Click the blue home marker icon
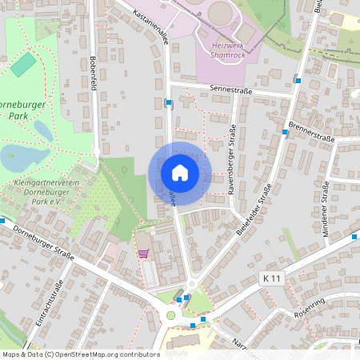(180, 172)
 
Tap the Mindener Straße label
(326, 205)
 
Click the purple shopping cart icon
(143, 254)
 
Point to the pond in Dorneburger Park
(24, 156)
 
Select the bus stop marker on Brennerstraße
(286, 132)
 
